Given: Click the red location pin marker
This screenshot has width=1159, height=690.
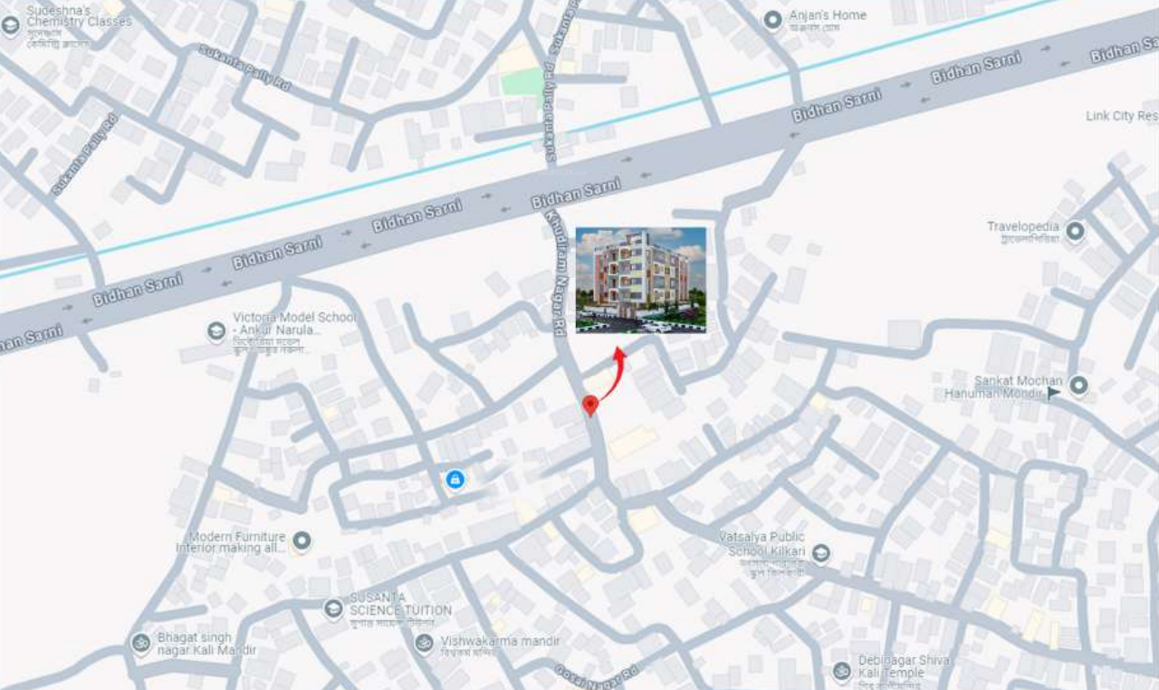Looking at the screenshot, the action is [590, 405].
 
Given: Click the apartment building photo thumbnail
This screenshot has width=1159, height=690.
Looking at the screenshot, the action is [640, 280].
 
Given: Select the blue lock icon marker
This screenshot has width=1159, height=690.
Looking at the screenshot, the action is [455, 479].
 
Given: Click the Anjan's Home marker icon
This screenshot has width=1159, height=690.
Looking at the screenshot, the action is [772, 20].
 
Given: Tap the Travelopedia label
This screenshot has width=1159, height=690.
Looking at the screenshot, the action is [1023, 226].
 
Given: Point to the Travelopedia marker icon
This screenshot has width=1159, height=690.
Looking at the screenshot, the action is [1075, 231].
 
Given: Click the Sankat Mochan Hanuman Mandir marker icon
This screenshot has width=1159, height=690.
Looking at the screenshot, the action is [1078, 386].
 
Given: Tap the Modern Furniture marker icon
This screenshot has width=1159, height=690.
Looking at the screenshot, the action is [302, 541].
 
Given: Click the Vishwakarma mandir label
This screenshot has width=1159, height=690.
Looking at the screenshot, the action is [500, 642].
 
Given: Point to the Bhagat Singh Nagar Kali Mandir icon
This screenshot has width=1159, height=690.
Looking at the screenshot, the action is [140, 643].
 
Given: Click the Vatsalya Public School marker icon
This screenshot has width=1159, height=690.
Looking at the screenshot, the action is [820, 552].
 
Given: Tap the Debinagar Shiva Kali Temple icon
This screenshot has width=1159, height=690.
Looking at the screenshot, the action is [842, 671].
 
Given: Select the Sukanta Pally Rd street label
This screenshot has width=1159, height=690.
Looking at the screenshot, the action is [244, 68].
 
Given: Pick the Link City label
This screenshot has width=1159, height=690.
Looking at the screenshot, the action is [1122, 116].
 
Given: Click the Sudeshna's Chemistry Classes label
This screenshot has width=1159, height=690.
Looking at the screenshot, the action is [79, 15].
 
